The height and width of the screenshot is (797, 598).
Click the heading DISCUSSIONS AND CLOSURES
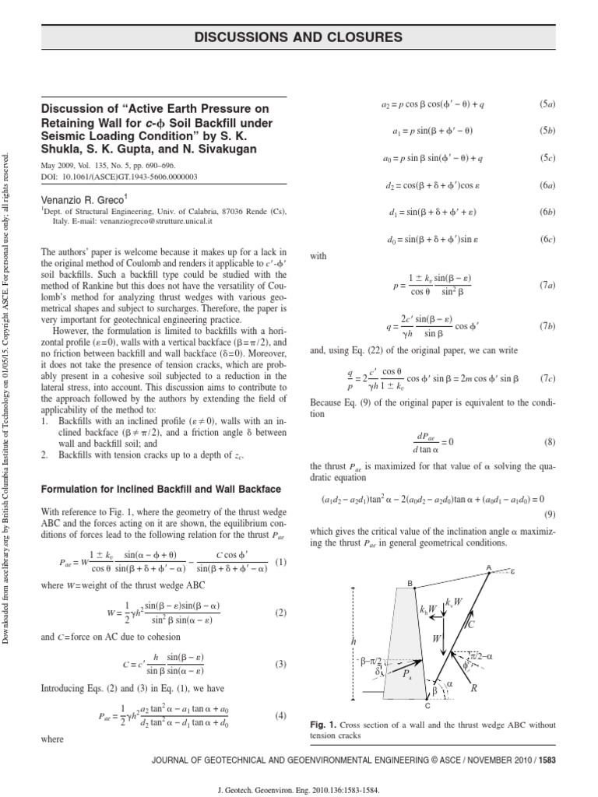pos(300,37)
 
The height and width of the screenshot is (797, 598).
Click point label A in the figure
pos(489,568)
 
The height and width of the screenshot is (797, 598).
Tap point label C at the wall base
pos(427,705)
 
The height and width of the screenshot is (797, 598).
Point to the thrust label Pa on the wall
pos(407,677)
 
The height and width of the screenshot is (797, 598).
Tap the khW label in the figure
pos(427,609)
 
